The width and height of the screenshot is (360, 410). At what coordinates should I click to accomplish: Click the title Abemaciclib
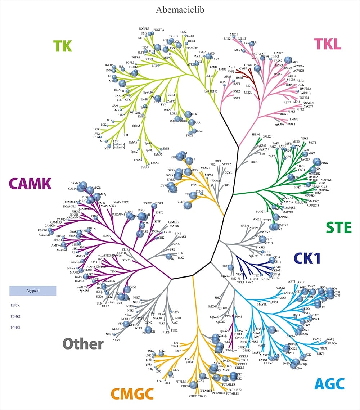pyautogui.click(x=180, y=9)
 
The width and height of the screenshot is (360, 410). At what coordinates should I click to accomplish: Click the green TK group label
pyautogui.click(x=62, y=46)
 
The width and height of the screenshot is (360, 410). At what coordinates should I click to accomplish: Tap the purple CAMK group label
pyautogui.click(x=30, y=184)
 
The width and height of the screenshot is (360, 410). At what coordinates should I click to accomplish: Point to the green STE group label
pyautogui.click(x=338, y=227)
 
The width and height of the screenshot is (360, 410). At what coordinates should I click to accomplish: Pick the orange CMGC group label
pyautogui.click(x=132, y=394)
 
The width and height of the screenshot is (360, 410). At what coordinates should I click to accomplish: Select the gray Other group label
pyautogui.click(x=83, y=344)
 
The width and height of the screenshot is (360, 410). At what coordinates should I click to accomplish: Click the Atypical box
pyautogui.click(x=33, y=291)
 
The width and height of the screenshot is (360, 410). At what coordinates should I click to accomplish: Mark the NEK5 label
pyautogui.click(x=116, y=340)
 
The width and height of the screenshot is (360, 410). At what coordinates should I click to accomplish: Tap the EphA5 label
pyautogui.click(x=145, y=167)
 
